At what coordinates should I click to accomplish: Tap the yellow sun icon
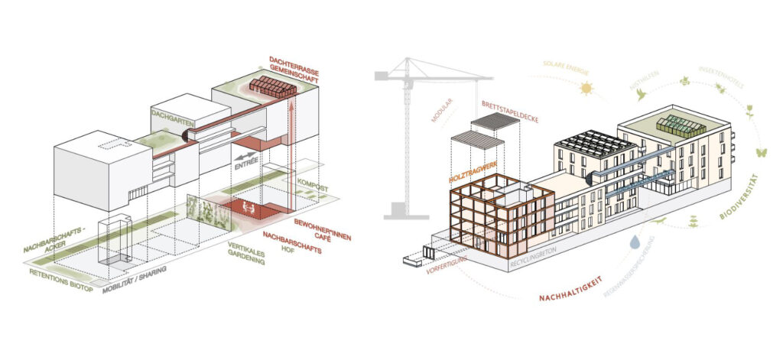tap(586, 89)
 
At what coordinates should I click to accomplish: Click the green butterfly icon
tap(760, 152)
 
